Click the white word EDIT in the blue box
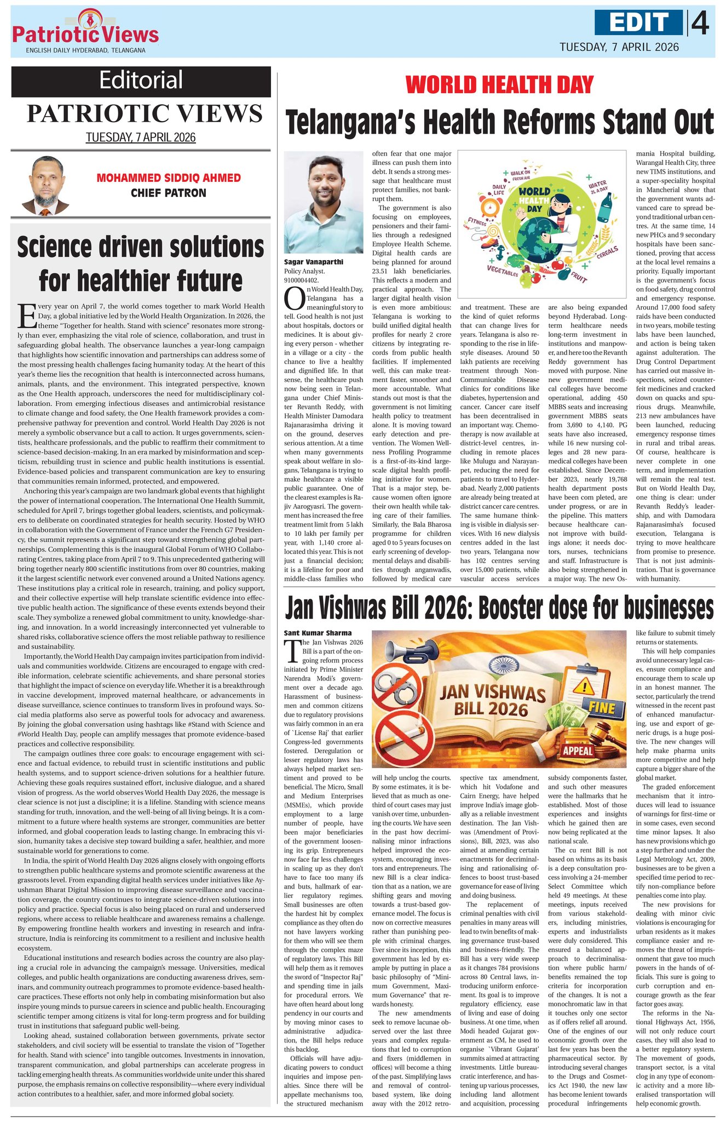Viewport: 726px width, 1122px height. (639, 22)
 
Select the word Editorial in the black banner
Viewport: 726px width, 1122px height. (141, 81)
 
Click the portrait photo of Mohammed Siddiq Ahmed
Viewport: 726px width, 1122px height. (45, 186)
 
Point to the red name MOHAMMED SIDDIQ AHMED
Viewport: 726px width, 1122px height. (169, 178)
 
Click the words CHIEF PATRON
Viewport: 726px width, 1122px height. (169, 193)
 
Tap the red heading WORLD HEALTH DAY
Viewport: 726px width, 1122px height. (499, 85)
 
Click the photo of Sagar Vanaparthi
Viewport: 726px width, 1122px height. (323, 203)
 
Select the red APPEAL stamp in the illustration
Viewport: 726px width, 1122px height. (578, 749)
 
